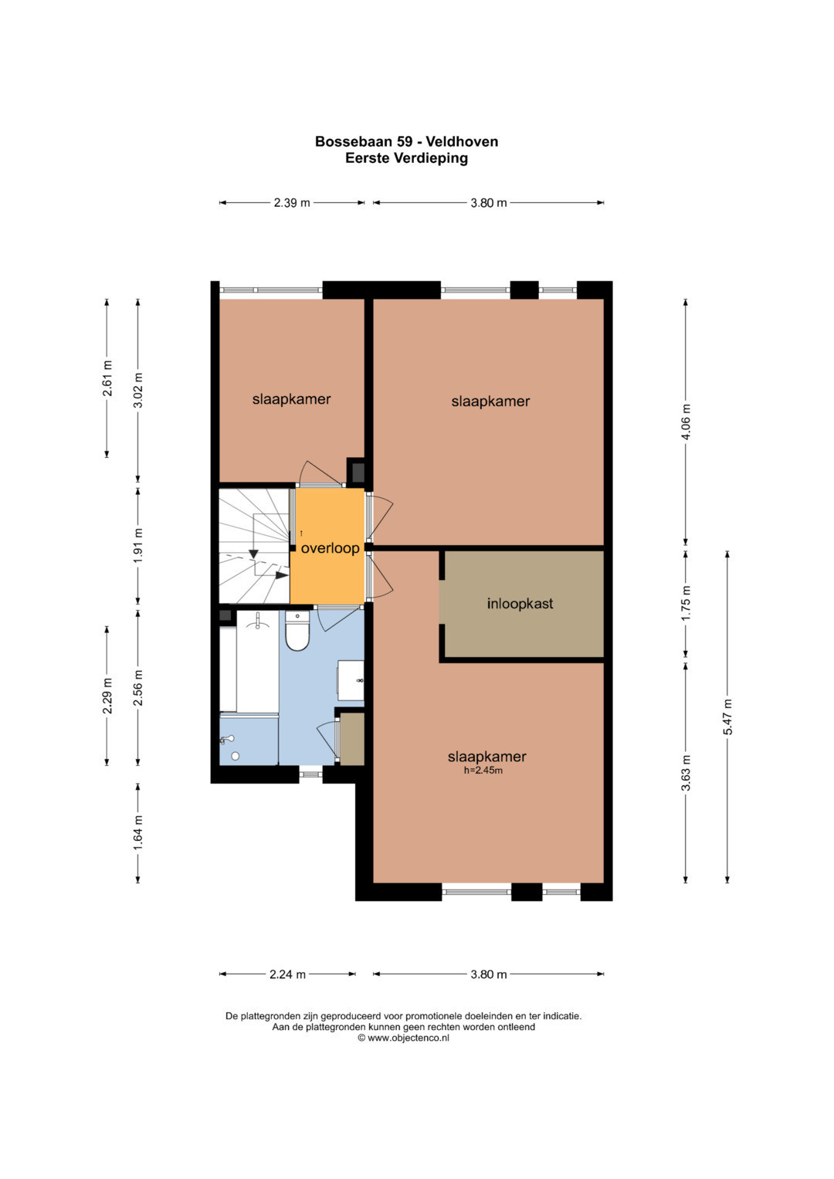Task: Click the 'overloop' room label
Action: tap(331, 548)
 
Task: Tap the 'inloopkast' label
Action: tap(520, 603)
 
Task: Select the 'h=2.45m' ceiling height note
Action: tap(483, 771)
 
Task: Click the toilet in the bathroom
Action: tap(297, 631)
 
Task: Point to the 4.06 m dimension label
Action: tap(685, 422)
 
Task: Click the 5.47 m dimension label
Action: tap(727, 717)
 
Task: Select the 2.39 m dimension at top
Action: tap(292, 202)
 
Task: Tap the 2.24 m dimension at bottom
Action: tap(287, 974)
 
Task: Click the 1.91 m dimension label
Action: tap(138, 545)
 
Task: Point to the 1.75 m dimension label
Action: tap(685, 603)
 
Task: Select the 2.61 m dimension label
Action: tap(107, 378)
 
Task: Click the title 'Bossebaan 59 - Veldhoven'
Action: tap(406, 141)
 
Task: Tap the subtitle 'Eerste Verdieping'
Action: tap(406, 158)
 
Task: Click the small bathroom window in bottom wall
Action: tap(310, 774)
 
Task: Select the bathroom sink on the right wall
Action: tap(351, 680)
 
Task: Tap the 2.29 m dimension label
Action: tap(107, 696)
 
